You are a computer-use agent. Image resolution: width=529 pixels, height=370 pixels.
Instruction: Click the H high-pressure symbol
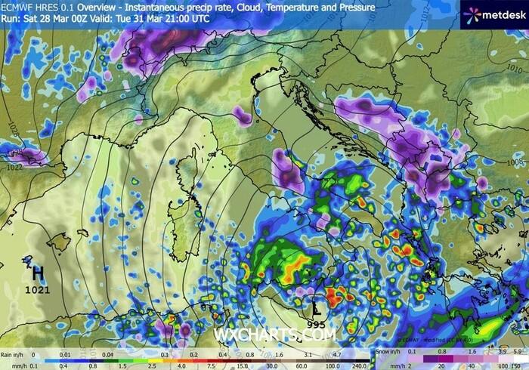point(36,273)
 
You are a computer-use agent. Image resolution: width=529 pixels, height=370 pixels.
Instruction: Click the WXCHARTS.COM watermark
point(264,333)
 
